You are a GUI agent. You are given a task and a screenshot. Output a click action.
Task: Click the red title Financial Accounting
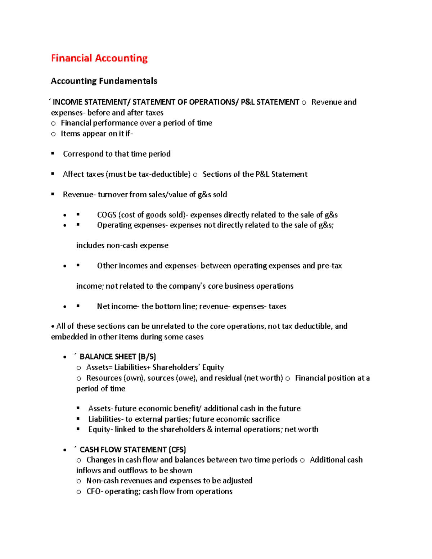click(x=99, y=58)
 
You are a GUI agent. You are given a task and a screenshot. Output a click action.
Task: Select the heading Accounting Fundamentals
click(x=104, y=81)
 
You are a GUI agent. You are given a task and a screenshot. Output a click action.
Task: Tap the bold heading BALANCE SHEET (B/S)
click(x=118, y=357)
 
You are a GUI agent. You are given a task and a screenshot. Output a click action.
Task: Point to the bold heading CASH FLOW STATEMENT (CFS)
click(x=132, y=450)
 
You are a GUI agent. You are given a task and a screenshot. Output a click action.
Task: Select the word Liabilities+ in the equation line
click(x=132, y=367)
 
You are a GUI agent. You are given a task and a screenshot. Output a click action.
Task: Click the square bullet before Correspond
click(x=53, y=154)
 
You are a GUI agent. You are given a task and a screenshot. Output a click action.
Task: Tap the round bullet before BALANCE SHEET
click(x=65, y=357)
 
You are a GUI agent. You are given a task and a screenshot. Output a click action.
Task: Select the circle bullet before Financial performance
click(x=53, y=123)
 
